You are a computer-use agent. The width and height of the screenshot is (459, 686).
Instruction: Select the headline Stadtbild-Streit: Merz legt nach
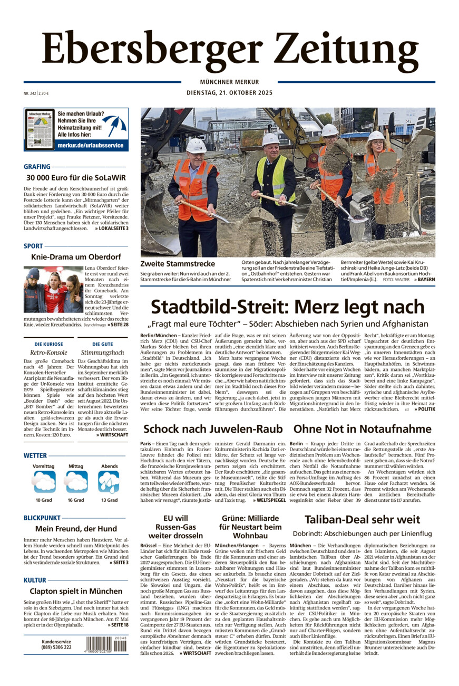[287, 307]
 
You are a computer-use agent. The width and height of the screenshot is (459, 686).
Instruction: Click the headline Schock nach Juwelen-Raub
[213, 428]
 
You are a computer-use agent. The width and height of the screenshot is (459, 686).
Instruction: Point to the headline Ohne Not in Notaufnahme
[362, 428]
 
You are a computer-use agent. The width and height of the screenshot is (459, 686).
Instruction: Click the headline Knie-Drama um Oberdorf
[76, 257]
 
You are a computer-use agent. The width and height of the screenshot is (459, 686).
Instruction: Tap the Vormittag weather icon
[44, 482]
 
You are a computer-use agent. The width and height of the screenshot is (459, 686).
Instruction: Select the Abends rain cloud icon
[109, 482]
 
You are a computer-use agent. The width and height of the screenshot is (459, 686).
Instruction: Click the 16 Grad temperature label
[75, 500]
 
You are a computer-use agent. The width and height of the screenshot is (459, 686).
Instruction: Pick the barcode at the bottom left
[106, 645]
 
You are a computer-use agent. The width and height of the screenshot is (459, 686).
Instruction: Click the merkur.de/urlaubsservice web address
[90, 145]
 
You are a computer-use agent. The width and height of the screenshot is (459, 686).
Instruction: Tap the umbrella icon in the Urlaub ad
[114, 125]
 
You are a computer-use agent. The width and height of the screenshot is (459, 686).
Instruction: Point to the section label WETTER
[35, 455]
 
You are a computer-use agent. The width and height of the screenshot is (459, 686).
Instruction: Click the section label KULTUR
[35, 580]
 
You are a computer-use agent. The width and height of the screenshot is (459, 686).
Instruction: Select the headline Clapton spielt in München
[76, 591]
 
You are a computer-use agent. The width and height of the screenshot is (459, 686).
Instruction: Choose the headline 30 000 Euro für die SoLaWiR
[76, 177]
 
